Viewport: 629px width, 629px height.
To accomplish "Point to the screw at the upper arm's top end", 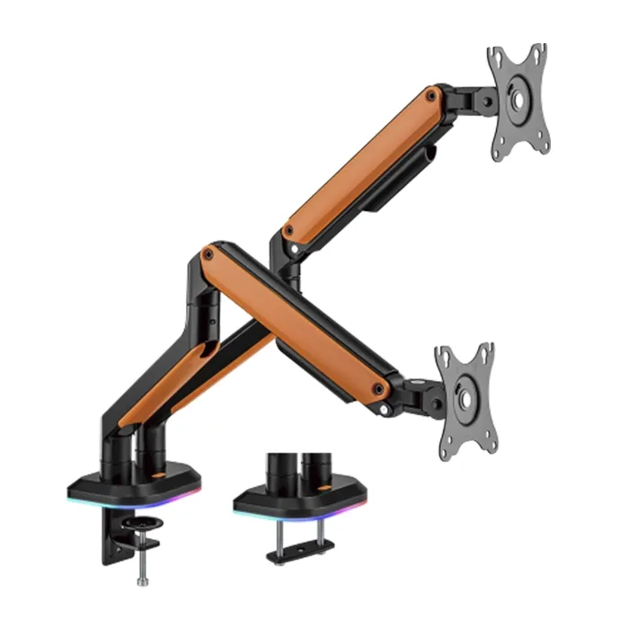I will pos(432,94).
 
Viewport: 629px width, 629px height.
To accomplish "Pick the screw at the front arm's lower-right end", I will pos(378,389).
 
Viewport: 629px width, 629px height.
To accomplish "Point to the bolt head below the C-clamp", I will pos(142,580).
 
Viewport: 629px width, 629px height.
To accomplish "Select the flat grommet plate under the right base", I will pos(300,546).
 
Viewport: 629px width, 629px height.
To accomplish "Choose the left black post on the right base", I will pos(276,472).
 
